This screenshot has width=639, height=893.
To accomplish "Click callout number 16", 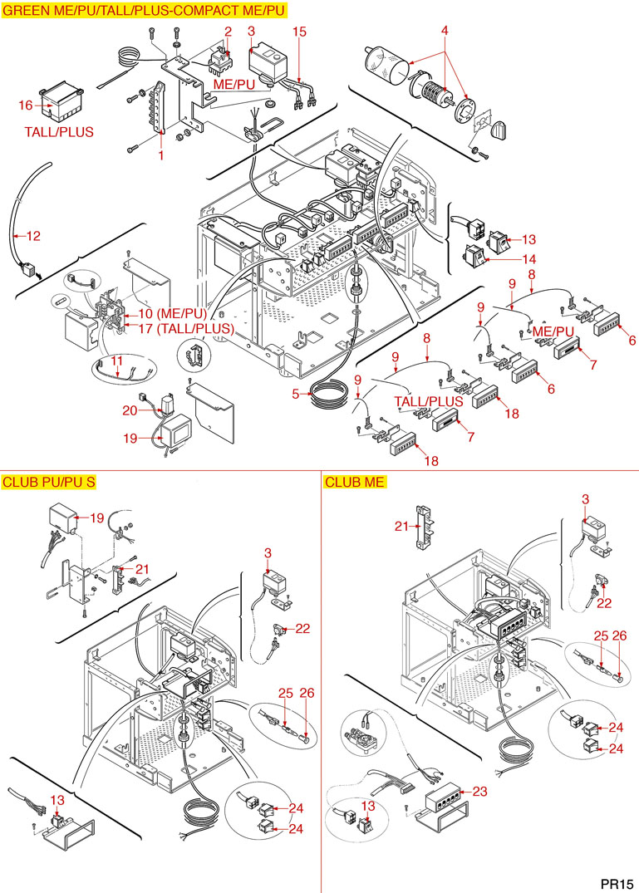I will [x=26, y=105].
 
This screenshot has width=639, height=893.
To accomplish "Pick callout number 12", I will [x=32, y=236].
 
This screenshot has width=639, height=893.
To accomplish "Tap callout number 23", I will [x=479, y=791].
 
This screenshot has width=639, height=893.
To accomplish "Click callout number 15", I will [x=300, y=32].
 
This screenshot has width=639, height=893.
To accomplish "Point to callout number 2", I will [x=228, y=32].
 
